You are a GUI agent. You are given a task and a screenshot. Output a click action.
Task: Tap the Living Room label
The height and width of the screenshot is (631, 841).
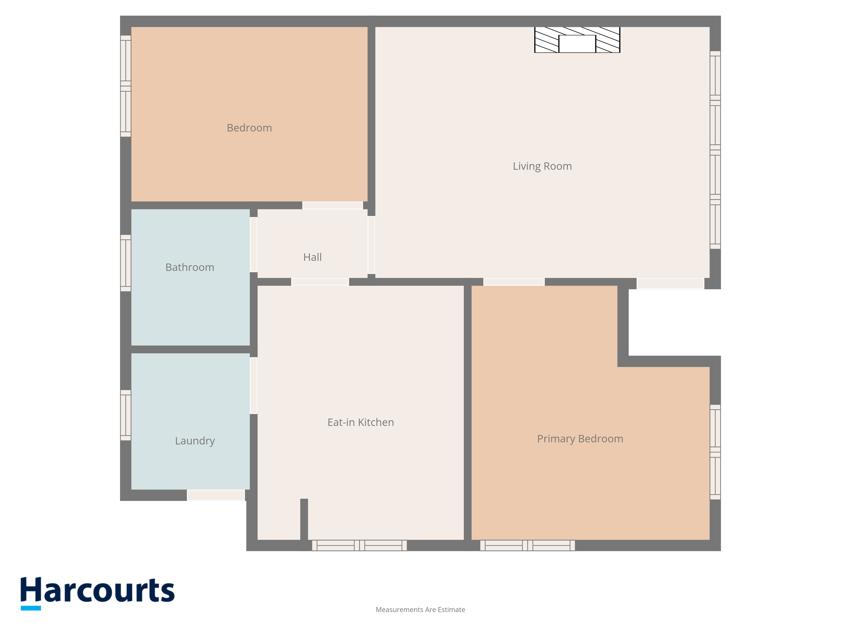tap(542, 166)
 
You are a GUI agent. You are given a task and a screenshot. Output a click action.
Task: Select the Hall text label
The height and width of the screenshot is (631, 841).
tap(312, 257)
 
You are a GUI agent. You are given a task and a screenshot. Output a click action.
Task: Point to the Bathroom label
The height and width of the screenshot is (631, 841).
tap(190, 267)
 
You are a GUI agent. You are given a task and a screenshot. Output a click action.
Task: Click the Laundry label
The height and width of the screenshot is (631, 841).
tap(195, 441)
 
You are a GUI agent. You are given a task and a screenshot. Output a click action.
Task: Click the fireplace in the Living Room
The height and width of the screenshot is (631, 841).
tap(577, 40)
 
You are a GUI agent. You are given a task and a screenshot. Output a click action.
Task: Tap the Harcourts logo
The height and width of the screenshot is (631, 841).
tap(97, 593)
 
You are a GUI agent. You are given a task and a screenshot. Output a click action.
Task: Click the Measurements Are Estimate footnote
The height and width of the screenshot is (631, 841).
tap(420, 610)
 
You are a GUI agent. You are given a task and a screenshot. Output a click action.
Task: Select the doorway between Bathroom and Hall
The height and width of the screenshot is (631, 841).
tap(254, 245)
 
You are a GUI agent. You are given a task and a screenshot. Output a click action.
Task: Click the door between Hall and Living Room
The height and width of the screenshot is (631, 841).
tap(372, 245)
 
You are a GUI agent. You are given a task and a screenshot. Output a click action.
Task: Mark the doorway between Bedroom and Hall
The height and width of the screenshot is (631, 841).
tap(333, 205)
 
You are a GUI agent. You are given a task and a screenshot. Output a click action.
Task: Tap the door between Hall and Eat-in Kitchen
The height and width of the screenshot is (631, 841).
tap(320, 282)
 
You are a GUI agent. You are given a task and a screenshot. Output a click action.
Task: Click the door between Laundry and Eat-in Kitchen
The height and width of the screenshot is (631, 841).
tap(254, 385)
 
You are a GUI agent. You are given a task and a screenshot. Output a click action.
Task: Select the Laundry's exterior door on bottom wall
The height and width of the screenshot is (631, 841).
tap(216, 495)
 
